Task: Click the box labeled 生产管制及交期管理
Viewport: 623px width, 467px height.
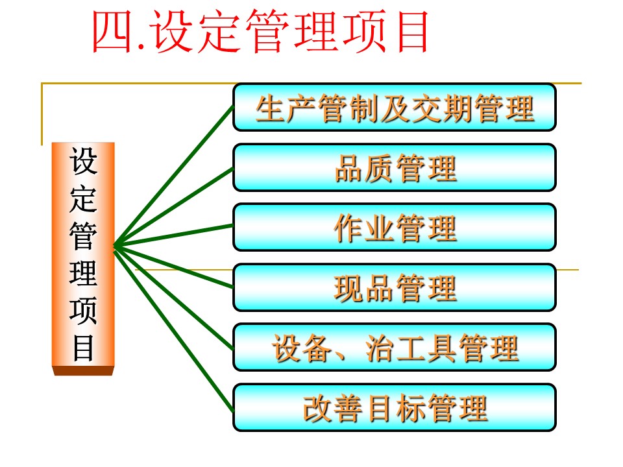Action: (394, 107)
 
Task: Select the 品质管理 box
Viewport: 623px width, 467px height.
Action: (394, 167)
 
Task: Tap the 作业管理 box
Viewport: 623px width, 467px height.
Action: (394, 228)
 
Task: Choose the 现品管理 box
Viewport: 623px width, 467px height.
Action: (394, 287)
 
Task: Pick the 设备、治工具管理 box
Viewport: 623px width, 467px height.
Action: (394, 348)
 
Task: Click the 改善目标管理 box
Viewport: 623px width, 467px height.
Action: (394, 407)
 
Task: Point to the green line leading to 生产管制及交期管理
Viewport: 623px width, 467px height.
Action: (174, 176)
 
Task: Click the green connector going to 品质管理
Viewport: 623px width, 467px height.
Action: (174, 207)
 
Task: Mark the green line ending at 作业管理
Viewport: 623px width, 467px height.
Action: (174, 235)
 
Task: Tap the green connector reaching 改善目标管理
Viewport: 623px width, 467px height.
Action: (174, 329)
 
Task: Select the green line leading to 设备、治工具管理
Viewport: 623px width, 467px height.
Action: (174, 298)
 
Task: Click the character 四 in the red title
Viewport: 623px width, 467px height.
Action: (112, 32)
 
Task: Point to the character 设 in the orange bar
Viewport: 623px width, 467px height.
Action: (83, 161)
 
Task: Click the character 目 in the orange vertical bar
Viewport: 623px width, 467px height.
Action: (83, 348)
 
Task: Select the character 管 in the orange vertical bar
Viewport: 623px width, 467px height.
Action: (83, 236)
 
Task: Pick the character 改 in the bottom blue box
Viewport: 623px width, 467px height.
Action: (318, 408)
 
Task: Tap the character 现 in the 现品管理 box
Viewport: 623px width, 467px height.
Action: (349, 288)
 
